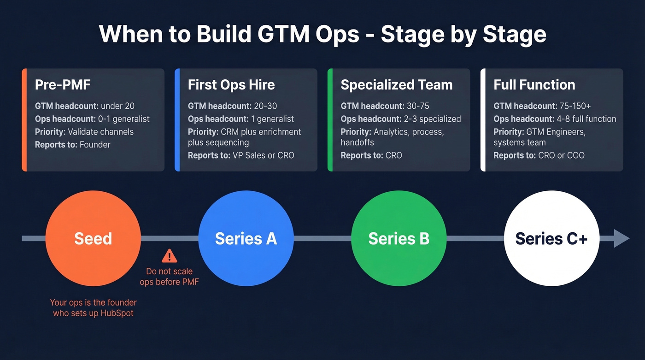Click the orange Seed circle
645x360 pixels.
click(93, 238)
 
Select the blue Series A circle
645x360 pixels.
click(246, 238)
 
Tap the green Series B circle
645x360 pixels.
click(399, 238)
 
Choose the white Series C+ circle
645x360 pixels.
click(551, 238)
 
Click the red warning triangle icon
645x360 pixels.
click(169, 256)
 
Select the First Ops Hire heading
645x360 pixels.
click(231, 85)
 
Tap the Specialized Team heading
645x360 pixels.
click(396, 85)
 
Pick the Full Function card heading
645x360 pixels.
click(534, 85)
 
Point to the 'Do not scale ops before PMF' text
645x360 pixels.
click(169, 277)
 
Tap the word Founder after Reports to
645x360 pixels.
click(95, 145)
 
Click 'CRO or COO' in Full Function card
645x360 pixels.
click(561, 155)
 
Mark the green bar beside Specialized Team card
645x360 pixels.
click(330, 120)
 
